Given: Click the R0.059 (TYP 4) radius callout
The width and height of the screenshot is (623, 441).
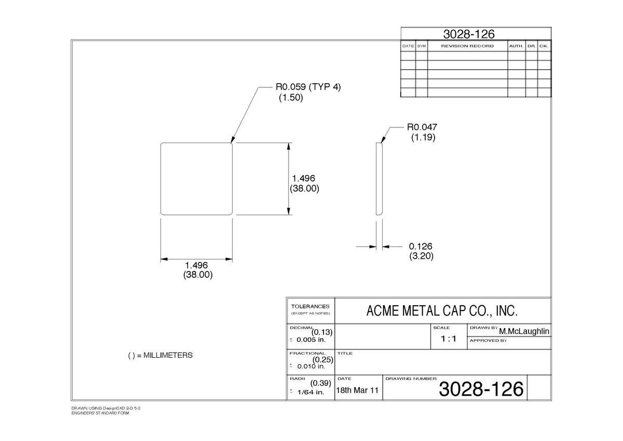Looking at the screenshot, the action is (308, 87).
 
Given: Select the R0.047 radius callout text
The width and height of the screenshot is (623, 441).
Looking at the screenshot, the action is (422, 127).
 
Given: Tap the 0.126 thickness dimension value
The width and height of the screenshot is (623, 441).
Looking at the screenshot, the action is (421, 247).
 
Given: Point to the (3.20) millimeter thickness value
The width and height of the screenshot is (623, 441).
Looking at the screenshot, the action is (422, 256).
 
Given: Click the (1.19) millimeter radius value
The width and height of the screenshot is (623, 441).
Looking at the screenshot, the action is (423, 137).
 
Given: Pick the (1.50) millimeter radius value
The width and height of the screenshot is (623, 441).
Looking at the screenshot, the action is (291, 97).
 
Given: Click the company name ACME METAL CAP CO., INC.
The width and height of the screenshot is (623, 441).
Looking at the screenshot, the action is (442, 310).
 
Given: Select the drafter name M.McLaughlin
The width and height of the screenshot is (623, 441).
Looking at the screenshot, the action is (524, 331).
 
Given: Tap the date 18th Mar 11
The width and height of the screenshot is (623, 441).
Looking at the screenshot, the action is (357, 390).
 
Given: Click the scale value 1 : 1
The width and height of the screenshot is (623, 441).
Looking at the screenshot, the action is (449, 339).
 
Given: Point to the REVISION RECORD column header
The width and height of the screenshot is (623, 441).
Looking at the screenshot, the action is (467, 46).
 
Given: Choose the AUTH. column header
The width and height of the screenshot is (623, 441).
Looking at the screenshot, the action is (516, 46).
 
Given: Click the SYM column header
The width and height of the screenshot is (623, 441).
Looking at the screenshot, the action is (422, 46).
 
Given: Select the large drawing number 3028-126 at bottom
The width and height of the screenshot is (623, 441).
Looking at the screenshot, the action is (481, 389).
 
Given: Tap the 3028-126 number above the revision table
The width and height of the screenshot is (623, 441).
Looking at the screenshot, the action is (469, 34).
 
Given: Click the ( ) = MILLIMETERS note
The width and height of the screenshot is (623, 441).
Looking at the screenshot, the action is (160, 355).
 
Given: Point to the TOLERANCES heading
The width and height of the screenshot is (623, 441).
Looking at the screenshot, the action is (310, 306).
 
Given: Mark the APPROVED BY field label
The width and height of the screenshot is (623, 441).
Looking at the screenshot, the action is (488, 341).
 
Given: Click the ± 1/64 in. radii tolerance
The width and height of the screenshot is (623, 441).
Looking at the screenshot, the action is (307, 392).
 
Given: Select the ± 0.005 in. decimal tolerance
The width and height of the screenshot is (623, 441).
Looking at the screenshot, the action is (307, 340).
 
